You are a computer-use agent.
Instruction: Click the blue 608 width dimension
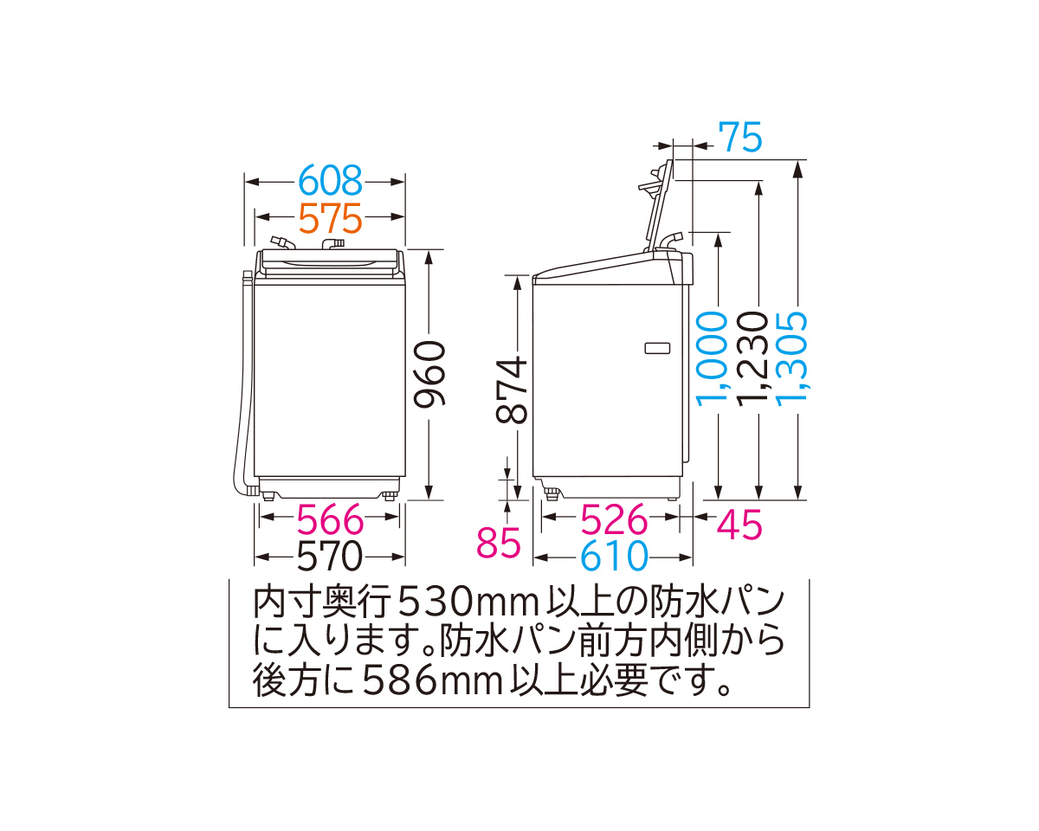pyautogui.click(x=329, y=182)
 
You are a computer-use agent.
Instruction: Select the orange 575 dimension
pyautogui.click(x=329, y=218)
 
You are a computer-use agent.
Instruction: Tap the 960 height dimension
pyautogui.click(x=429, y=375)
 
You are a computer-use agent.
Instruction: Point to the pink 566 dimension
pyautogui.click(x=330, y=520)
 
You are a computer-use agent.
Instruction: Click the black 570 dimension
pyautogui.click(x=330, y=557)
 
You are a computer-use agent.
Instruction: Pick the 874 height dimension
pyautogui.click(x=513, y=390)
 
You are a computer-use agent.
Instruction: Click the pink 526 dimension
pyautogui.click(x=614, y=520)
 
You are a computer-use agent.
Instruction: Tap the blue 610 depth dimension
pyautogui.click(x=614, y=557)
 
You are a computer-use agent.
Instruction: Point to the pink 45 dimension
pyautogui.click(x=739, y=525)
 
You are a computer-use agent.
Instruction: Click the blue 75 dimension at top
pyautogui.click(x=740, y=138)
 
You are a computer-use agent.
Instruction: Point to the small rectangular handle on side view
pyautogui.click(x=658, y=348)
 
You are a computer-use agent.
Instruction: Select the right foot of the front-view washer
pyautogui.click(x=390, y=496)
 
